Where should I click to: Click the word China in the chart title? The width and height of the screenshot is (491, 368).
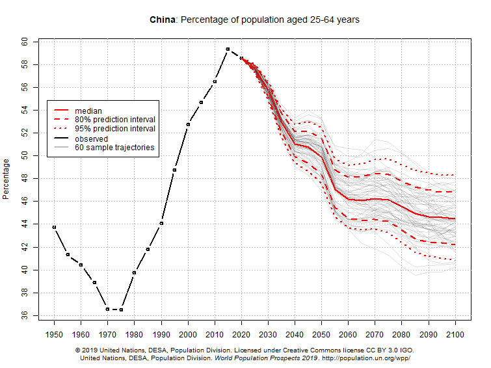point(163,20)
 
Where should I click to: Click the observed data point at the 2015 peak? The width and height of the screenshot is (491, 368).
point(228,49)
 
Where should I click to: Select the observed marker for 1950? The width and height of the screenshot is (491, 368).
point(54,227)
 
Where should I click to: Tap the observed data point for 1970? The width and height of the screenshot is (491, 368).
point(108,309)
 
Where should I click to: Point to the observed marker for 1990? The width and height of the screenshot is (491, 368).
point(161,223)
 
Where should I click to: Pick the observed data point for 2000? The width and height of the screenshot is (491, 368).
point(188,124)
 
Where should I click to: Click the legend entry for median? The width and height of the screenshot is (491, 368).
point(88,111)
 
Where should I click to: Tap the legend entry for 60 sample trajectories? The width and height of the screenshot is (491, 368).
point(114,148)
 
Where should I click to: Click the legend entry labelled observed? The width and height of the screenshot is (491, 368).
point(91,138)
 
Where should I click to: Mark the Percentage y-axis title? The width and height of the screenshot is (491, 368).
point(7,178)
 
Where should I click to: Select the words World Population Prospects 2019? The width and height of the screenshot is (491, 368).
point(267,358)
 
